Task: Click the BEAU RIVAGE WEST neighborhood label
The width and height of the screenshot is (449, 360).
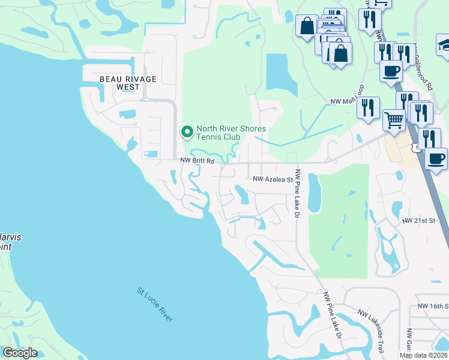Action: [x=128, y=83]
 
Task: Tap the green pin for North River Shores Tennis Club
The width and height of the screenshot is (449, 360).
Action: [x=187, y=130]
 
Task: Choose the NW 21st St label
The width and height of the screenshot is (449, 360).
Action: [x=418, y=221]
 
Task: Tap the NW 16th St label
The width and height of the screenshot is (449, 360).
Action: [x=433, y=306]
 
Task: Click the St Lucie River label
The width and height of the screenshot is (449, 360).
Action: [x=155, y=305]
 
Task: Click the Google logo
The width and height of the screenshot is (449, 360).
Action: [x=20, y=353]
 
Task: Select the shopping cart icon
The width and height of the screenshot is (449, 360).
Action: [x=394, y=120]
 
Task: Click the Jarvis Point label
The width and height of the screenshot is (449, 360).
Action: [x=8, y=242]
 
